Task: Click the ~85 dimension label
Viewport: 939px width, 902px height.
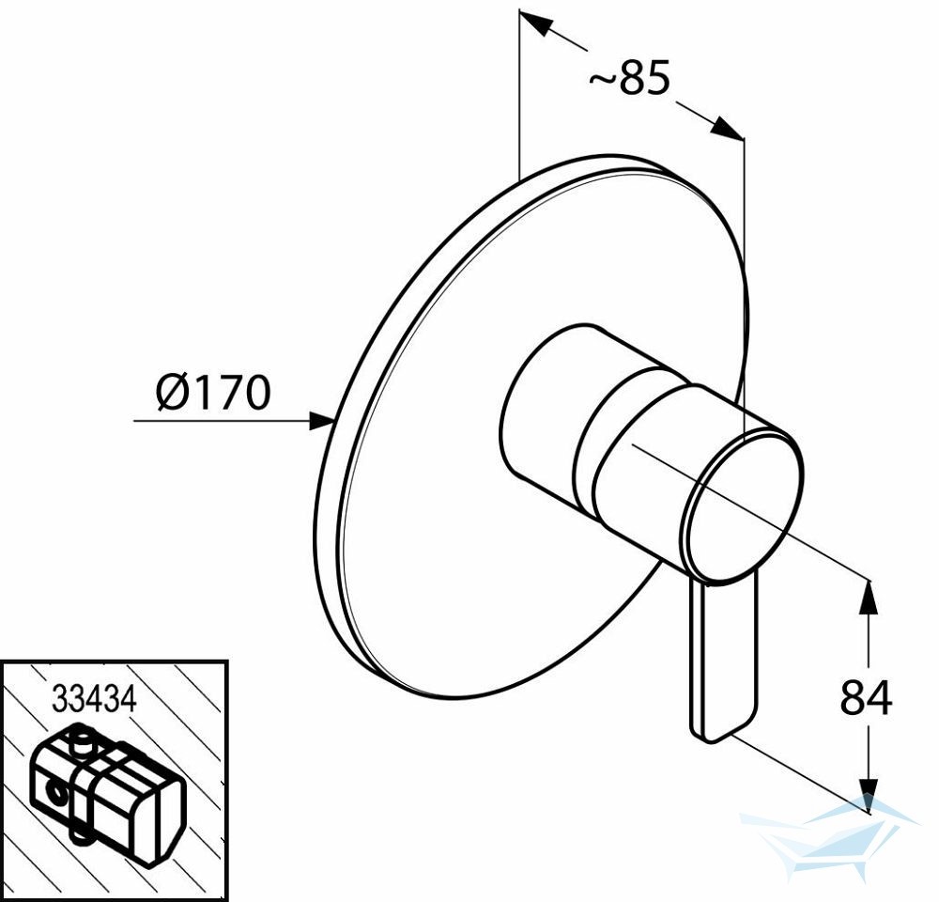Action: [629, 78]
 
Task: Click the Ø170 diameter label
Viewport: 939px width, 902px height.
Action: [213, 393]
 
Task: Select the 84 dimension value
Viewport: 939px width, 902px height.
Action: [866, 698]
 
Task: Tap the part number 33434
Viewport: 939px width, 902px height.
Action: [94, 698]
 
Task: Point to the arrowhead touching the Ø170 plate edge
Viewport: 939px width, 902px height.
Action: [320, 420]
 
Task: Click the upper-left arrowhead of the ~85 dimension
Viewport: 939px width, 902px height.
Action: [534, 23]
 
